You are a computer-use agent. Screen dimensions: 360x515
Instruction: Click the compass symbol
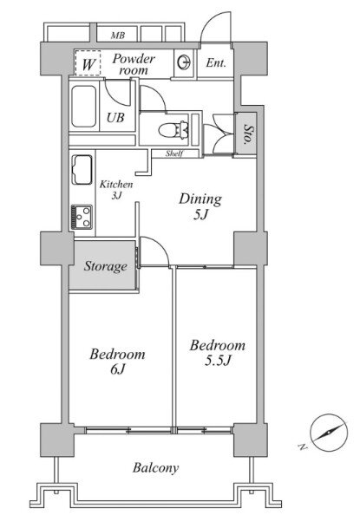click(329, 432)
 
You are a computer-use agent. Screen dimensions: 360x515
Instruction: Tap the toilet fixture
click(173, 130)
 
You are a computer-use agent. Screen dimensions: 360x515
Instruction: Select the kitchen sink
click(82, 170)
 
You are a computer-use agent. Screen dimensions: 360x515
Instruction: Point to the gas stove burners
click(82, 217)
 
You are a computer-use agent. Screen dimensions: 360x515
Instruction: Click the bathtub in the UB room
click(84, 106)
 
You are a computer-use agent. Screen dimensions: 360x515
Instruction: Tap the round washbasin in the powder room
click(183, 62)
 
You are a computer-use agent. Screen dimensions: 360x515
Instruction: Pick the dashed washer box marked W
click(88, 63)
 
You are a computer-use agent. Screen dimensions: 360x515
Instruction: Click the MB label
click(118, 36)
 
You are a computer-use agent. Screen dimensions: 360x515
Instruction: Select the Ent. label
click(216, 62)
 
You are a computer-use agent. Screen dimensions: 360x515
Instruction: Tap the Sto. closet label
click(247, 134)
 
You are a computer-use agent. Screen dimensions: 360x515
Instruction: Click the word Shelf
click(174, 153)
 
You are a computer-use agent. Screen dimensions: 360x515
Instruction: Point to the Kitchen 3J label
click(116, 190)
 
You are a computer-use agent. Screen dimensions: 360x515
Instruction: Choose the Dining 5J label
click(200, 206)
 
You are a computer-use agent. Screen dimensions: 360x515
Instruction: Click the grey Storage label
click(105, 266)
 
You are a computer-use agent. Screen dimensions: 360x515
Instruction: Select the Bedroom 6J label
click(117, 362)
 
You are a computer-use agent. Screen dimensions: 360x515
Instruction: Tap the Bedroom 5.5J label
click(218, 353)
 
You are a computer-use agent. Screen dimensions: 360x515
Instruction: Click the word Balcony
click(155, 467)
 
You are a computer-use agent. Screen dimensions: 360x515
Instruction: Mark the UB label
click(115, 117)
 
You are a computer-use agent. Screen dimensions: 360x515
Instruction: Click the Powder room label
click(134, 64)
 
